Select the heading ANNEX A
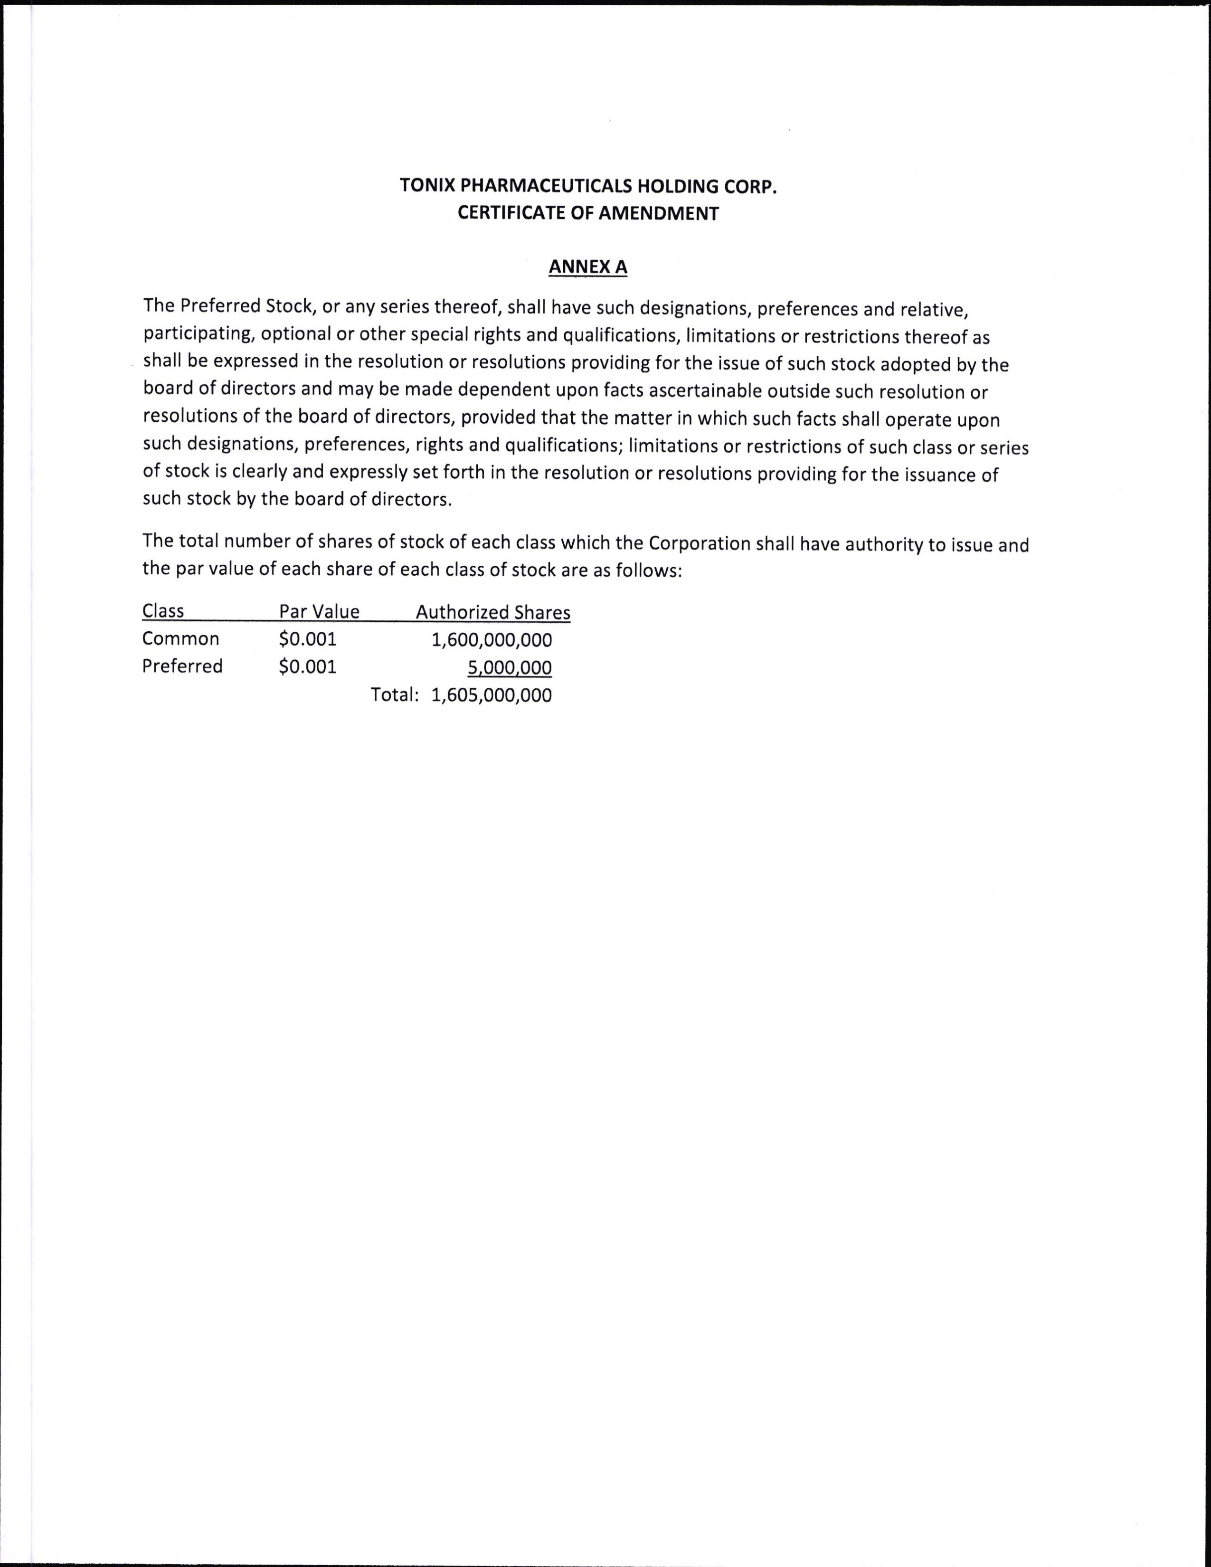point(587,267)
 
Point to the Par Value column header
point(319,611)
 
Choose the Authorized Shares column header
point(493,612)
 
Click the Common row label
point(181,638)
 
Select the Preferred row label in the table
point(182,666)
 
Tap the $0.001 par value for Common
point(308,638)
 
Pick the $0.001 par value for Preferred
point(308,666)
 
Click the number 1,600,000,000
point(492,640)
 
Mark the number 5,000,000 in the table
point(510,668)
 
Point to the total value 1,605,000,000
point(492,695)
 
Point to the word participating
point(199,335)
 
